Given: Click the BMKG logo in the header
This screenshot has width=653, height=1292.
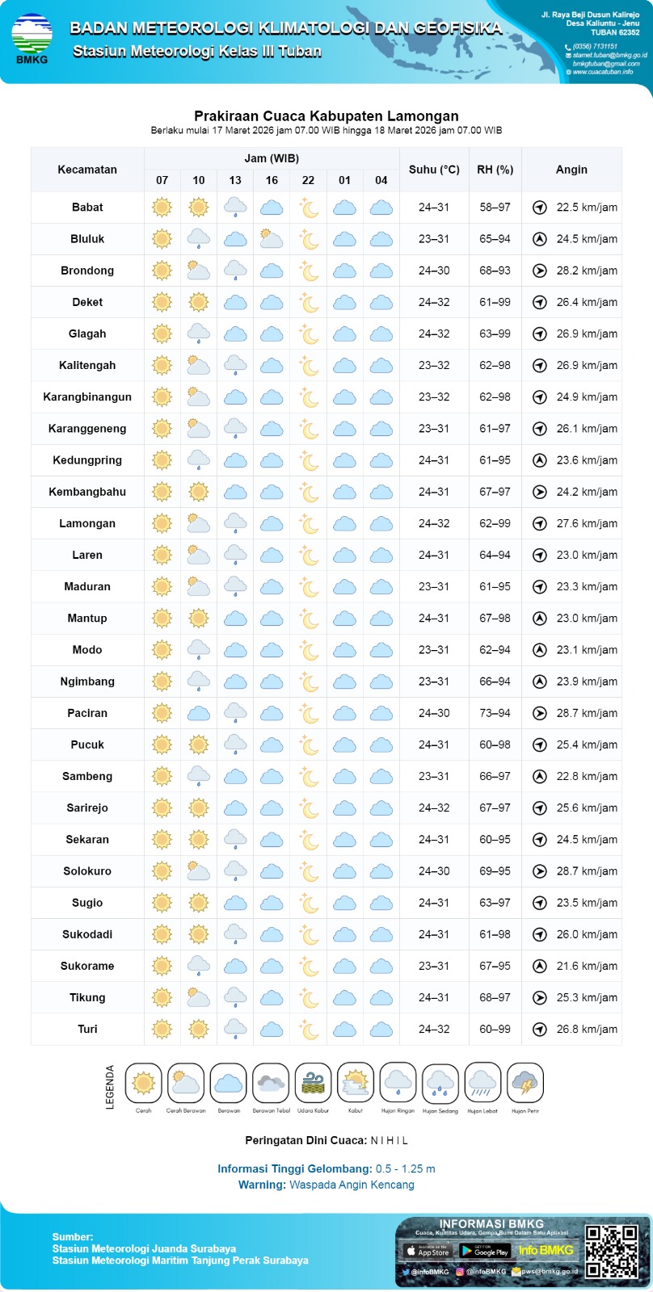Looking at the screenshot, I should click(x=32, y=37).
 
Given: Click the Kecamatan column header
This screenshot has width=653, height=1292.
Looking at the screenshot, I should click(x=87, y=170).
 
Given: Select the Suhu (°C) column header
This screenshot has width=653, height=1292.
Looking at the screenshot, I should click(x=434, y=170).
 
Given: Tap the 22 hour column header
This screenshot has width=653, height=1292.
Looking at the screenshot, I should click(x=308, y=180).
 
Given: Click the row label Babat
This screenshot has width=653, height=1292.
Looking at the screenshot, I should click(x=87, y=208).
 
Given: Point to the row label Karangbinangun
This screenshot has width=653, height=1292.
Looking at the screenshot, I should click(x=87, y=397).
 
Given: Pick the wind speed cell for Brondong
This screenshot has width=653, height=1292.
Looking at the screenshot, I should click(x=587, y=271).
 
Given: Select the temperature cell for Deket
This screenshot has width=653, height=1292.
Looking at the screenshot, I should click(x=434, y=302).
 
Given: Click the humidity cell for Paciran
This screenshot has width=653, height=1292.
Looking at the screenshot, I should click(x=495, y=713).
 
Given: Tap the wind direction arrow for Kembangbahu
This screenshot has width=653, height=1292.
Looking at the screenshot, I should click(x=540, y=492).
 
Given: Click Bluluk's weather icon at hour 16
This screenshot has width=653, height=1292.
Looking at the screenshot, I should click(x=272, y=239).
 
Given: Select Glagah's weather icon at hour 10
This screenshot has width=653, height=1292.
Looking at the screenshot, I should click(x=199, y=333).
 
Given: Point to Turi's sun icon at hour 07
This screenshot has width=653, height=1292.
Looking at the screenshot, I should click(x=162, y=1030).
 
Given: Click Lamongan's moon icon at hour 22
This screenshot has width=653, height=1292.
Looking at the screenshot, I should click(x=308, y=523).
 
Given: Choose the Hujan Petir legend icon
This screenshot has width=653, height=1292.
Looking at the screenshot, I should click(x=525, y=1083).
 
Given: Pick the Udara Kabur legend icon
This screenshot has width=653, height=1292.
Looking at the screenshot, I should click(x=313, y=1083).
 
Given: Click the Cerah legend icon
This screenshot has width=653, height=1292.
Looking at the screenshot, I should click(x=144, y=1083).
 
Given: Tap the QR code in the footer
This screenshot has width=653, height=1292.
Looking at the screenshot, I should click(x=612, y=1252).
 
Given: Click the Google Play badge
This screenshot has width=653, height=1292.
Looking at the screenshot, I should click(x=485, y=1251).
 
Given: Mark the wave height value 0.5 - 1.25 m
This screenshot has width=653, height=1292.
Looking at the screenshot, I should click(x=405, y=1168).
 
